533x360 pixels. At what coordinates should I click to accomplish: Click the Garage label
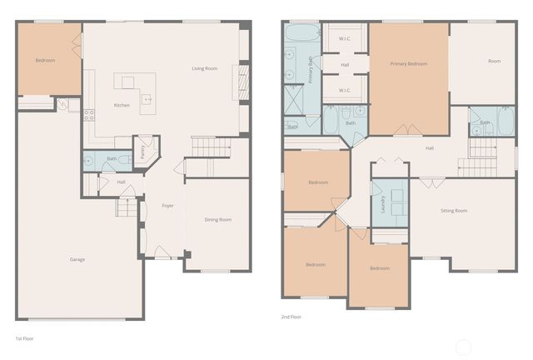pyautogui.click(x=77, y=259)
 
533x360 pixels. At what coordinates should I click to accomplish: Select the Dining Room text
pyautogui.click(x=217, y=219)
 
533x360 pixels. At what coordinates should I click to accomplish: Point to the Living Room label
pyautogui.click(x=204, y=68)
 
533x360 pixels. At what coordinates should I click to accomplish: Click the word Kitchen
pyautogui.click(x=121, y=105)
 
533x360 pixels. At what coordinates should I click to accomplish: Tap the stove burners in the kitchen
pyautogui.click(x=88, y=115)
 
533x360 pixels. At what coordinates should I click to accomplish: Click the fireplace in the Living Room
pyautogui.click(x=243, y=83)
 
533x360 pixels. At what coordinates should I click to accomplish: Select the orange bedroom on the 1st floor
pyautogui.click(x=48, y=60)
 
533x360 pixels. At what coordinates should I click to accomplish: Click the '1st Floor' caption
pyautogui.click(x=24, y=339)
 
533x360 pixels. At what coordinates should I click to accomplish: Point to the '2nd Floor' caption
pyautogui.click(x=292, y=317)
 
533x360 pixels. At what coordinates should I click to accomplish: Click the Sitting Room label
pyautogui.click(x=454, y=211)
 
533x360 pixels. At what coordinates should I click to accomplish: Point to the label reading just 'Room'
pyautogui.click(x=494, y=61)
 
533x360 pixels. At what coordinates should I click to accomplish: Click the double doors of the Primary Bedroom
pyautogui.click(x=407, y=130)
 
